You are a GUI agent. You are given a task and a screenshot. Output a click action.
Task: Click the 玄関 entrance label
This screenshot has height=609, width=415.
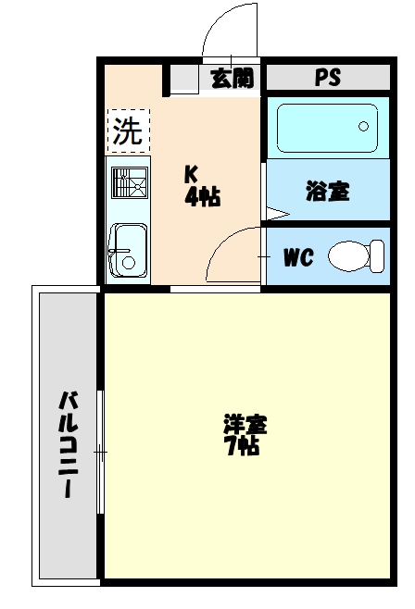coord(231,78)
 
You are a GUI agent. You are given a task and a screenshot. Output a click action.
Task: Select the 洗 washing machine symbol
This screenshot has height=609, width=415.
coord(128,131)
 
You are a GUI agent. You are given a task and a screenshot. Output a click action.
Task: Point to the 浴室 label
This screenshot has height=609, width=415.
coord(327,192)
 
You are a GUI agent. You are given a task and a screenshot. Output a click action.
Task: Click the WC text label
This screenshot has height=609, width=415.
coord(297,256)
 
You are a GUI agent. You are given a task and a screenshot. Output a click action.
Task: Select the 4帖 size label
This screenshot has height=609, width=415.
coord(201,196)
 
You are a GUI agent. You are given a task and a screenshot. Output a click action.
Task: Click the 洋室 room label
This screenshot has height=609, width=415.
coord(245,426)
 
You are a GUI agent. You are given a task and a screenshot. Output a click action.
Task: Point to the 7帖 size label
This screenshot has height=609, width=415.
coord(242,447)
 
